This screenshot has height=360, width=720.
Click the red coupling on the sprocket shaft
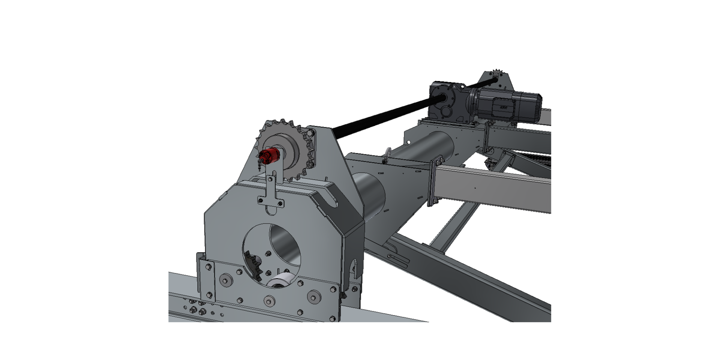point(269,156)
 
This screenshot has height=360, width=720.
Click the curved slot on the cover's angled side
point(332,201)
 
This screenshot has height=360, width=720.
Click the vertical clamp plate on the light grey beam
point(435,184)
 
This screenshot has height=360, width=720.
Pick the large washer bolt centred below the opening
point(268,300)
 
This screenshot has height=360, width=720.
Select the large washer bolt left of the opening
point(225,280)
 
